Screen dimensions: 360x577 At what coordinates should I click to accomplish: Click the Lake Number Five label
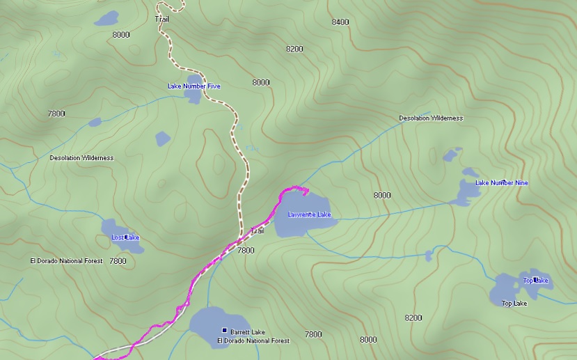coord(193,86)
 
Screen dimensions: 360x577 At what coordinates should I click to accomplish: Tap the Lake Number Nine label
coord(501,183)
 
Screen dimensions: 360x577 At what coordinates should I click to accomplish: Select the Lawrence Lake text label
coord(309,214)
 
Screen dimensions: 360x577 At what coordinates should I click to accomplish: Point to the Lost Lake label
coord(125,237)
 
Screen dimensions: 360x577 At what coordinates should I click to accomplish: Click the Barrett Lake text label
coord(248,332)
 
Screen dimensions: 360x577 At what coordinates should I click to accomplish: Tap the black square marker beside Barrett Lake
coord(224,330)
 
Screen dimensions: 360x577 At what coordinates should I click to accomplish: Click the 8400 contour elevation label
coord(340,22)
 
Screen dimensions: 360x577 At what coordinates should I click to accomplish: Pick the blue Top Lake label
coord(535,281)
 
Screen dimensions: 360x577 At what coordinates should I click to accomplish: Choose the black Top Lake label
coord(514,304)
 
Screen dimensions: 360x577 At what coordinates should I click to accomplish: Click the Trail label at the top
coord(161,19)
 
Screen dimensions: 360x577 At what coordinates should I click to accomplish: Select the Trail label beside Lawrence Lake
coord(258,230)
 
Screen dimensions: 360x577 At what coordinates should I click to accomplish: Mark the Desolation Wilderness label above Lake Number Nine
coord(430,118)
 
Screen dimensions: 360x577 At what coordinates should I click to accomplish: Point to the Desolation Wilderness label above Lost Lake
coord(81,158)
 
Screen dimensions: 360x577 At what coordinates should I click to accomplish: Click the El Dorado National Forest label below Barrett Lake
coord(253,341)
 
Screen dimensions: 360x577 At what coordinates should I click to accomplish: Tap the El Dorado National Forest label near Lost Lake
coord(66,261)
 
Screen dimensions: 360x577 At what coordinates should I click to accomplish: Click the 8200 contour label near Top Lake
coord(413,318)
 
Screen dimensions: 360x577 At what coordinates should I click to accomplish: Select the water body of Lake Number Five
coord(193,95)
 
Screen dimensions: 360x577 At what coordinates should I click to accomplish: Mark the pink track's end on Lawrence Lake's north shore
coord(307,190)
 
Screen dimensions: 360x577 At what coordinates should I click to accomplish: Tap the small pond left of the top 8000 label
coord(106,18)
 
